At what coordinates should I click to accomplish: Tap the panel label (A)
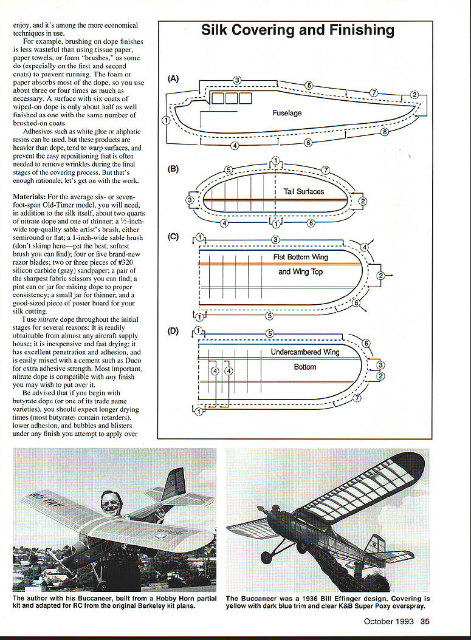[173, 78]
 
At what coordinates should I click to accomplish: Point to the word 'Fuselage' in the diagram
[287, 113]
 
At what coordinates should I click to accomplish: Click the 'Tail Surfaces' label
[304, 191]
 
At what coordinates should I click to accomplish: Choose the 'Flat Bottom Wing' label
[300, 257]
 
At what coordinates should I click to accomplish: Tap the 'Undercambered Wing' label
[305, 352]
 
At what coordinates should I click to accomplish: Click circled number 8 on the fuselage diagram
[385, 132]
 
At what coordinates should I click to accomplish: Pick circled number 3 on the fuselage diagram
[237, 80]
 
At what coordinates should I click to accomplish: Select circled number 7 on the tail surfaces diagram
[326, 169]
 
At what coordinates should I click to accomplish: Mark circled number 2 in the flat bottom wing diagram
[381, 276]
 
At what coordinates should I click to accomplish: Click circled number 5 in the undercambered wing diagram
[270, 333]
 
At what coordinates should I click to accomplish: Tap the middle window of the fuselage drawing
[229, 98]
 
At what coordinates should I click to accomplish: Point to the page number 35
[425, 621]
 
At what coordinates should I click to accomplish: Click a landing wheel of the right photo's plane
[266, 557]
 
